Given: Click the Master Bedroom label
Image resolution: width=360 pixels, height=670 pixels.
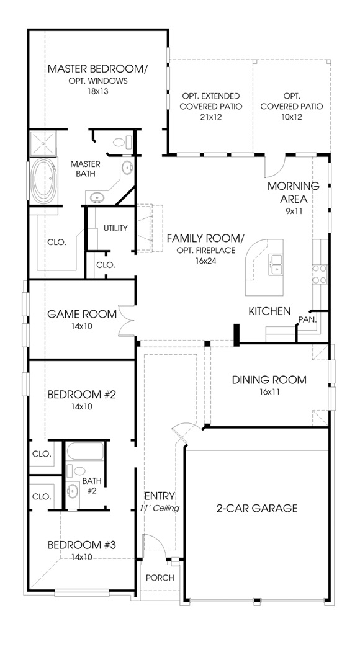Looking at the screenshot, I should click(x=97, y=68).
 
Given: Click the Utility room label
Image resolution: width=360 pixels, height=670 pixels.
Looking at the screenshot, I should click(x=115, y=228).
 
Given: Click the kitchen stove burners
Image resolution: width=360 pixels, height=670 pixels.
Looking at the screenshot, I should click(x=319, y=274).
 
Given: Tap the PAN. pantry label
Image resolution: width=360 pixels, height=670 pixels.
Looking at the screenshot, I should click(x=307, y=319).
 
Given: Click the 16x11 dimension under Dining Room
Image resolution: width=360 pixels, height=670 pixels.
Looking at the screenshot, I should click(x=270, y=392).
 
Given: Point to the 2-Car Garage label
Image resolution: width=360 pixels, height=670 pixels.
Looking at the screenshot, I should click(x=256, y=508).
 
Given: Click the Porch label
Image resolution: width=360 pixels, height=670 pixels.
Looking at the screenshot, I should click(x=160, y=578).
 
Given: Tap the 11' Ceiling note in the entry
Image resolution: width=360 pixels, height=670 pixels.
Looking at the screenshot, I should click(x=160, y=509).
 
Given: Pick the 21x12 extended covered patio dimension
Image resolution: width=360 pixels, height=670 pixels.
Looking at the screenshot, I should click(x=210, y=117).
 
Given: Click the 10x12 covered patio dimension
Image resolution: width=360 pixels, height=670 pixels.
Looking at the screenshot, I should click(x=291, y=117).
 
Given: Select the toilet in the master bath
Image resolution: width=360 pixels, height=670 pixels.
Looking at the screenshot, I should click(x=117, y=142).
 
